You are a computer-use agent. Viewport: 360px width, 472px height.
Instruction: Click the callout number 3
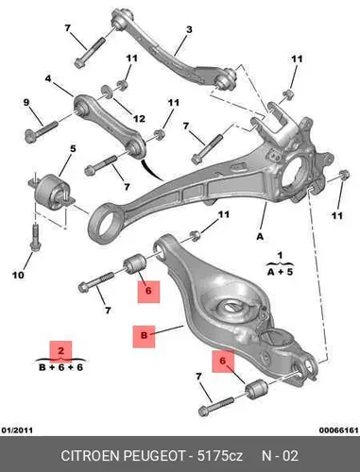[x=189, y=29]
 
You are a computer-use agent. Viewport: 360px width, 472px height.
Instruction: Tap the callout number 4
[x=48, y=78]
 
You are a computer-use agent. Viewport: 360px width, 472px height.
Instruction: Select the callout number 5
[x=73, y=148]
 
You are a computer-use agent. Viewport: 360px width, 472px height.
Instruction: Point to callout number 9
[x=26, y=102]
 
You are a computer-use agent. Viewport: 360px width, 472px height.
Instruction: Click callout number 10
[x=18, y=276]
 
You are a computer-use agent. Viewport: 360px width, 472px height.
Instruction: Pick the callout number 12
[x=139, y=119]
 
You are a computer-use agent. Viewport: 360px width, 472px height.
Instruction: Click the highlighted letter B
[x=144, y=335]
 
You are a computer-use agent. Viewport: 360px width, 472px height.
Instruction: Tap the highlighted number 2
[x=61, y=350]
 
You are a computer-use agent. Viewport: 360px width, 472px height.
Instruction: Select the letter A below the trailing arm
[x=260, y=237]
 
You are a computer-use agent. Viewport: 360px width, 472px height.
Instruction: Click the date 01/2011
[x=17, y=430]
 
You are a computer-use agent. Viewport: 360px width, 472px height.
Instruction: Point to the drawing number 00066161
[x=339, y=430]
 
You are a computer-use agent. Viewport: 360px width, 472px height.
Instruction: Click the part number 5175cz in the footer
[x=220, y=456]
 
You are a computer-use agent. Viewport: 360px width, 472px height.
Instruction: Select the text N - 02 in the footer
[x=280, y=456]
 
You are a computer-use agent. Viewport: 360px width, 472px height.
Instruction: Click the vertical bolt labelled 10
[x=35, y=237]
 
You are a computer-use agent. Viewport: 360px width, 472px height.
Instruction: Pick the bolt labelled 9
[x=41, y=132]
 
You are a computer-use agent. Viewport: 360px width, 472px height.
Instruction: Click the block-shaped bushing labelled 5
[x=53, y=191]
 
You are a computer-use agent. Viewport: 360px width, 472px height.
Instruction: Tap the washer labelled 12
[x=109, y=92]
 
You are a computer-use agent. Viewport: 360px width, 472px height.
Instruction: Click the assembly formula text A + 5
[x=280, y=271]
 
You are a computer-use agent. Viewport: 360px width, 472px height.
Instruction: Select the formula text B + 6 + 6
[x=61, y=367]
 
